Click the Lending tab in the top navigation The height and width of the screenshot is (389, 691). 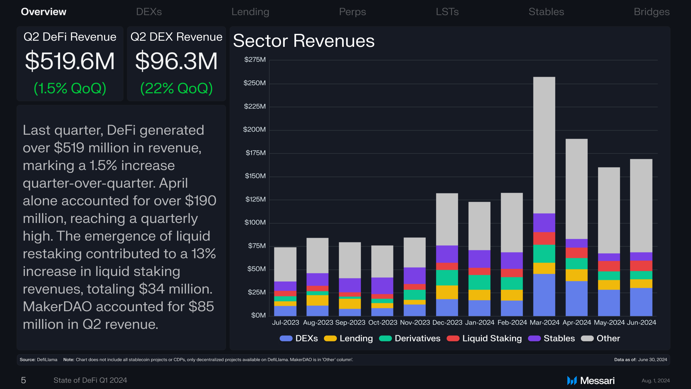point(250,12)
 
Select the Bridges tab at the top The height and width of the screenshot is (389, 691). point(651,12)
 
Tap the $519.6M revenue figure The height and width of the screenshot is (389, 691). point(70,61)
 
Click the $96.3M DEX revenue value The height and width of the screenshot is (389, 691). point(176,61)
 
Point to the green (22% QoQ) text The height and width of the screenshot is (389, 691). point(176,88)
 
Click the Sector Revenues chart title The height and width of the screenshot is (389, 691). point(304,41)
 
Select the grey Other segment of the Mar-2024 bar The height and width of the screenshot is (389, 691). point(544,145)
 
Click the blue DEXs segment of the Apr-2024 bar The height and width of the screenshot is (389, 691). point(577,299)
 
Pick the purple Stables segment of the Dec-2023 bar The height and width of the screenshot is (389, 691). point(447,254)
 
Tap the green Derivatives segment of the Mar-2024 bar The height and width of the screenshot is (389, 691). point(544,254)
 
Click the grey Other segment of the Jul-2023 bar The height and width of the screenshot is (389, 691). point(285,264)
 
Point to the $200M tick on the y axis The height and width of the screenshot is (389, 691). point(254,129)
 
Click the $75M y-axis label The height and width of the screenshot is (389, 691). point(257,246)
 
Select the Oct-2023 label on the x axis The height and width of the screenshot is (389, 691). point(383,322)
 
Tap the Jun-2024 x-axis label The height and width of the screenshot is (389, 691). point(641,322)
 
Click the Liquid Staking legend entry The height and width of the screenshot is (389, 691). point(484,339)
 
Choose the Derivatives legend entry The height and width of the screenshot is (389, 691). point(410,339)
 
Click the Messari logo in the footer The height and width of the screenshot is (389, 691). point(591,380)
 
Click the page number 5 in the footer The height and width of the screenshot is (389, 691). point(23,380)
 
